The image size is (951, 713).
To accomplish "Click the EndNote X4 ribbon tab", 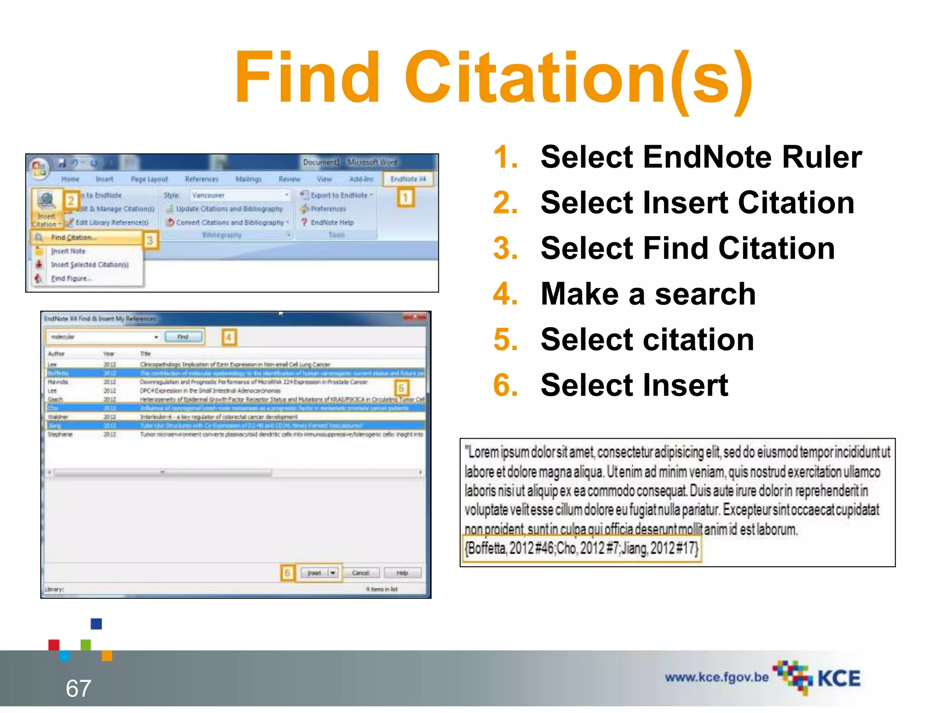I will tap(408, 179).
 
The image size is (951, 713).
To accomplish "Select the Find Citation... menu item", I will tap(74, 238).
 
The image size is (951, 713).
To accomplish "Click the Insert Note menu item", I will tap(68, 251).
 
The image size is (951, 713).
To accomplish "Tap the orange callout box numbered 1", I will tap(405, 198).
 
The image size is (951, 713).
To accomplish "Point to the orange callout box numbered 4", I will tap(228, 337).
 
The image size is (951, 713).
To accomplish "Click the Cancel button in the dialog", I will tap(361, 573).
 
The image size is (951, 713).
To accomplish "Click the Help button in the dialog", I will tap(402, 573).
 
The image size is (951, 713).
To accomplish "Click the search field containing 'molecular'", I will tap(102, 337).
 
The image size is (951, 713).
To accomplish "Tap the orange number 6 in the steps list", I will tap(505, 385).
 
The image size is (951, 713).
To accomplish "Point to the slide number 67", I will tap(78, 688).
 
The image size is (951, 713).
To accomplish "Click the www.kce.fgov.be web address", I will tap(717, 677).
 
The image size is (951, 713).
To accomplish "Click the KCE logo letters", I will tap(839, 679).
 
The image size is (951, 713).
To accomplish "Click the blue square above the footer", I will tap(96, 623).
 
